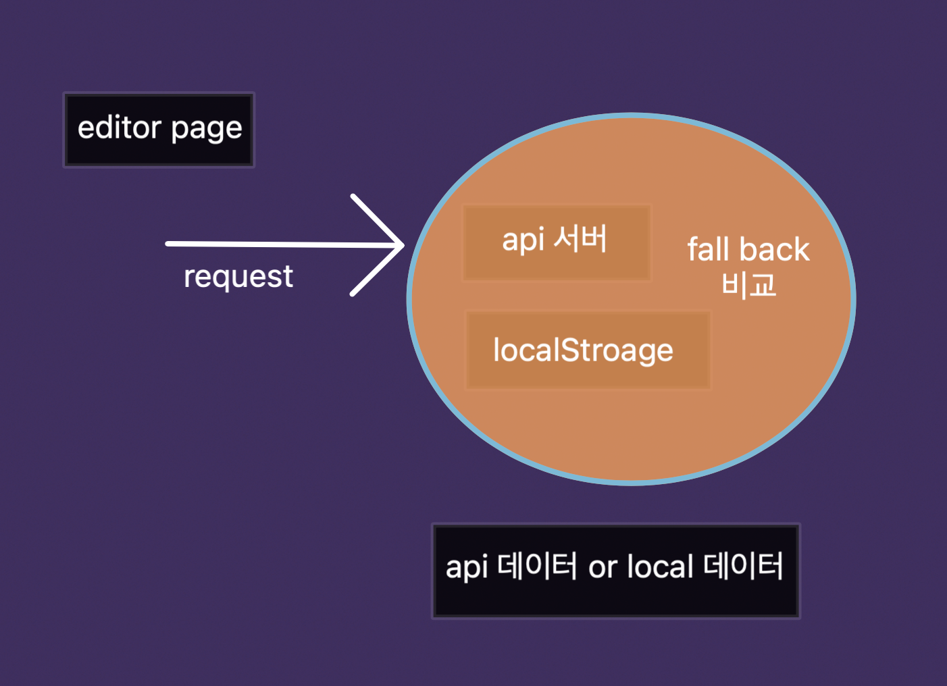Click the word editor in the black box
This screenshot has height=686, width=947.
pyautogui.click(x=120, y=128)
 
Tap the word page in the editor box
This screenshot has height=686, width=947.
pyautogui.click(x=206, y=129)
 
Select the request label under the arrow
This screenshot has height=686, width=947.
pyautogui.click(x=238, y=277)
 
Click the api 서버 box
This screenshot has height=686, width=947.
pyautogui.click(x=557, y=242)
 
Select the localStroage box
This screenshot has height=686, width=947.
pyautogui.click(x=588, y=350)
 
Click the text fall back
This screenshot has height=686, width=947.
pyautogui.click(x=748, y=250)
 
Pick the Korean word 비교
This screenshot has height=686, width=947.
pyautogui.click(x=748, y=284)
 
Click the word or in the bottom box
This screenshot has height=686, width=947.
pyautogui.click(x=603, y=567)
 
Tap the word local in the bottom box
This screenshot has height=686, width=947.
pyautogui.click(x=660, y=566)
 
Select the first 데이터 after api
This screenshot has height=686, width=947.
pyautogui.click(x=537, y=566)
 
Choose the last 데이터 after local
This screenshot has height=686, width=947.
pyautogui.click(x=743, y=566)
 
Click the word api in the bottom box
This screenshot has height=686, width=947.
pyautogui.click(x=466, y=568)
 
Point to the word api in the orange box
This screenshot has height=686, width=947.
pyautogui.click(x=523, y=240)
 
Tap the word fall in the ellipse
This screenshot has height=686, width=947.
pyautogui.click(x=709, y=249)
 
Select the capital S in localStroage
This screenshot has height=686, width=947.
pyautogui.click(x=571, y=350)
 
